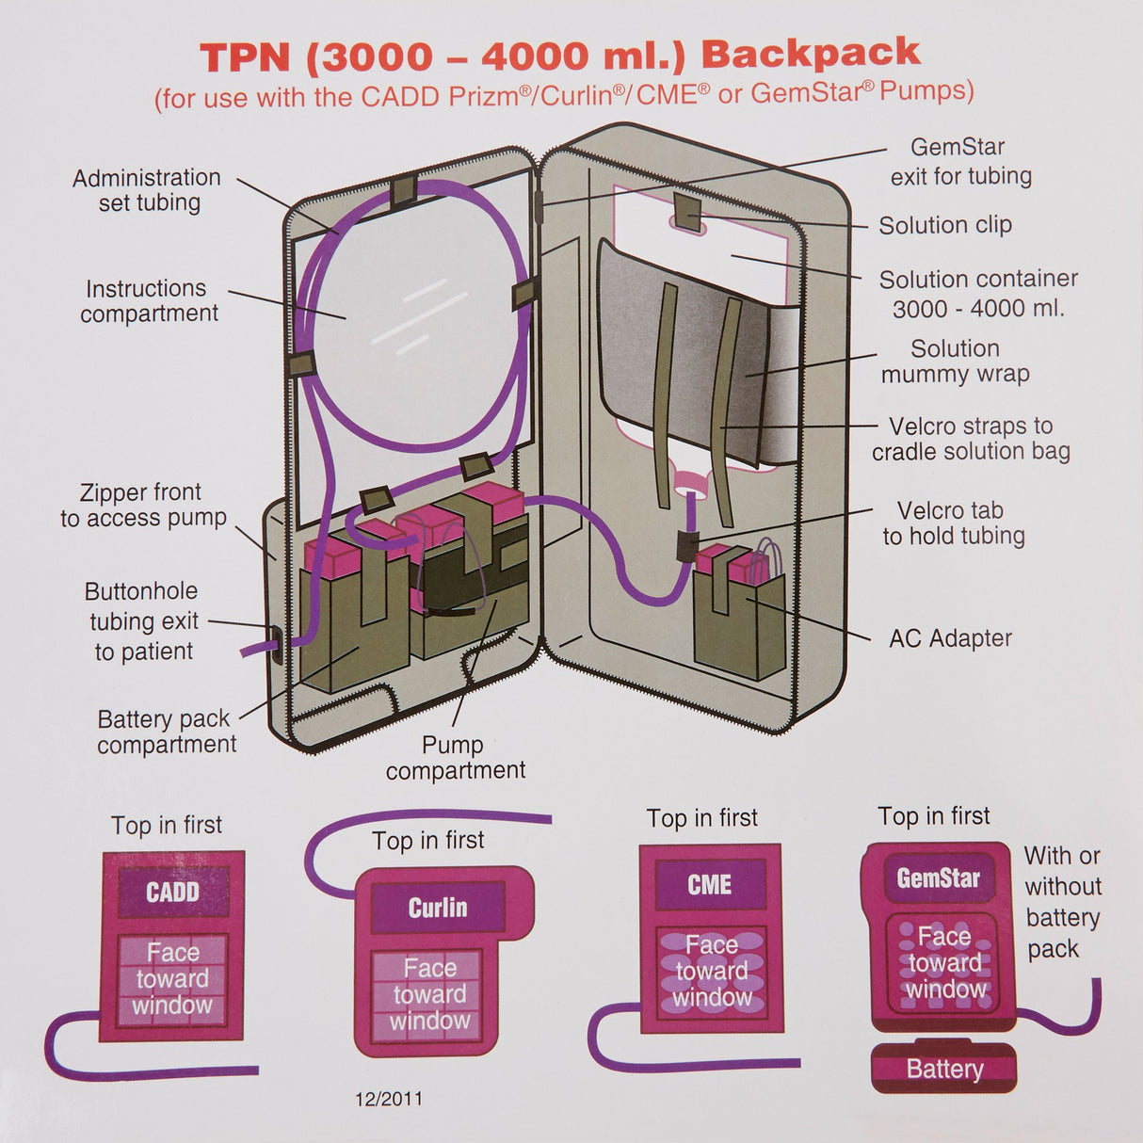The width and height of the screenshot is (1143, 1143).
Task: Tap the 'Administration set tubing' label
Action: [147, 190]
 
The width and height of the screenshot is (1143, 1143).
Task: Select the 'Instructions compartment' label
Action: [149, 301]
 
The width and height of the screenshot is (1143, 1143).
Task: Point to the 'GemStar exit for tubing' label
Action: [960, 162]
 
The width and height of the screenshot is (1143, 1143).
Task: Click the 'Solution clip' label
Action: [944, 226]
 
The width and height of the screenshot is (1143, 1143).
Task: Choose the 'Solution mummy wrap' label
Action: [955, 362]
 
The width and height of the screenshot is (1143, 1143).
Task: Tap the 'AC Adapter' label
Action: [950, 638]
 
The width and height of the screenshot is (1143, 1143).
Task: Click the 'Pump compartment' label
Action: [455, 757]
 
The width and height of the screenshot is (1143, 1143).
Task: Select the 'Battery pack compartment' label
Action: [166, 732]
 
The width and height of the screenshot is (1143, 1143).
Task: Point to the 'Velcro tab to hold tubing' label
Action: [953, 523]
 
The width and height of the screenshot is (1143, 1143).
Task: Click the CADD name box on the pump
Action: [172, 893]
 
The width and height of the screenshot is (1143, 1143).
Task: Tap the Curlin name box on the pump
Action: [437, 908]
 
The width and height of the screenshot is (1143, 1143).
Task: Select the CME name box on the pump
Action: [710, 885]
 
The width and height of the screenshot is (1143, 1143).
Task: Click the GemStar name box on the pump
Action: [938, 878]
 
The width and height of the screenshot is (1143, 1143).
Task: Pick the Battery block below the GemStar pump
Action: [943, 1070]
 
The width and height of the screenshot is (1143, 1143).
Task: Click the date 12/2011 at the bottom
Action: [388, 1099]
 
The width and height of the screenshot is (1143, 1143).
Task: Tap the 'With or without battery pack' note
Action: [1062, 902]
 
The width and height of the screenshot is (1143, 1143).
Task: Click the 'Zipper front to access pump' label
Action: [143, 505]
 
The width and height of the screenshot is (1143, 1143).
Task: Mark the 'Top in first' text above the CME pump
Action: [701, 818]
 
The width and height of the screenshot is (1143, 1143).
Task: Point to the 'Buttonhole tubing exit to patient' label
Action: [143, 621]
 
